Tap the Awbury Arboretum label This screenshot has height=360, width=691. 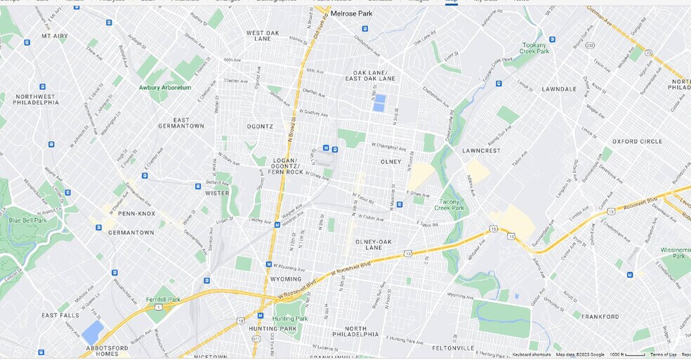point(164,88)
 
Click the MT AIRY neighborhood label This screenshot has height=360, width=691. point(55,35)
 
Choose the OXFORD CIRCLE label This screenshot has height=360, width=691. point(635,141)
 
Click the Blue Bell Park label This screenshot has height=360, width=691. point(27,220)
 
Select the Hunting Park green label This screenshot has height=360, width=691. point(290,319)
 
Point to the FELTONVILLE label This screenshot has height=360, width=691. point(454,347)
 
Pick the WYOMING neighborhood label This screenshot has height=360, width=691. point(286,279)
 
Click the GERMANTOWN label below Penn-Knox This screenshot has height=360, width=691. point(131,232)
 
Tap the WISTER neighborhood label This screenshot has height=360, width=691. point(217,193)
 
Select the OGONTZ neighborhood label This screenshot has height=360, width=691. point(260,126)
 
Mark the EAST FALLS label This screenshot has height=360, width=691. point(60,315)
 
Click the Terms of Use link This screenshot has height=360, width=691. point(663,354)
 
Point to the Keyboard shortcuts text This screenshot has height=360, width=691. point(532,354)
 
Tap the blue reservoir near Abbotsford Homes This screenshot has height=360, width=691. point(93,331)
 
